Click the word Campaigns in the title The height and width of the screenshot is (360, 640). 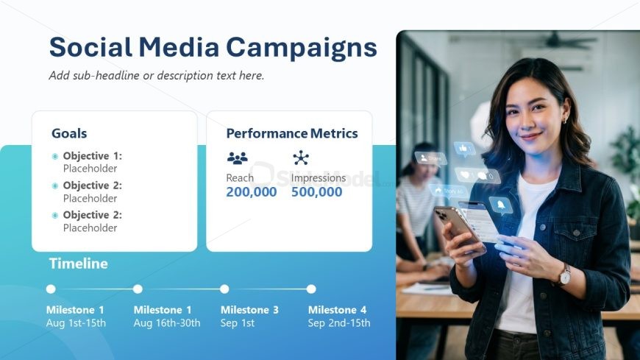pyautogui.click(x=301, y=48)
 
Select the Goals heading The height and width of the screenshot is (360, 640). pyautogui.click(x=69, y=133)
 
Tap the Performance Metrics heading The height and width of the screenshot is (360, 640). pyautogui.click(x=292, y=133)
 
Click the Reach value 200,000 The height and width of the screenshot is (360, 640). pyautogui.click(x=252, y=192)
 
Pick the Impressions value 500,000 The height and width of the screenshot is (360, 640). pyautogui.click(x=317, y=192)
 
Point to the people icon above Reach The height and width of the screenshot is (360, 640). pyautogui.click(x=237, y=158)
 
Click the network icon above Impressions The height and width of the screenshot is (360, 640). pyautogui.click(x=301, y=158)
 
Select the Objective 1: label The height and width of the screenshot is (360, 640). pyautogui.click(x=92, y=155)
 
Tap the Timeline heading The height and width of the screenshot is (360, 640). pyautogui.click(x=79, y=264)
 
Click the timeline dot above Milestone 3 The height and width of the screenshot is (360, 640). pyautogui.click(x=224, y=289)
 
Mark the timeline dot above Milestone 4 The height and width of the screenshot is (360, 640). pyautogui.click(x=311, y=289)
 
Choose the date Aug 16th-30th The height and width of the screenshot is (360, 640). pyautogui.click(x=167, y=323)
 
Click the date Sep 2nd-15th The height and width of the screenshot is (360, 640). pyautogui.click(x=339, y=322)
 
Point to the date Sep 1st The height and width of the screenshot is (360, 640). pyautogui.click(x=238, y=322)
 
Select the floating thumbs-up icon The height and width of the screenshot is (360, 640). pyautogui.click(x=464, y=149)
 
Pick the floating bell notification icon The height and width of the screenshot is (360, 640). pyautogui.click(x=501, y=205)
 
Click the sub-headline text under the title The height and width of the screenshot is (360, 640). pyautogui.click(x=157, y=76)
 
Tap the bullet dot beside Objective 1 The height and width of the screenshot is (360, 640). pyautogui.click(x=55, y=156)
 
